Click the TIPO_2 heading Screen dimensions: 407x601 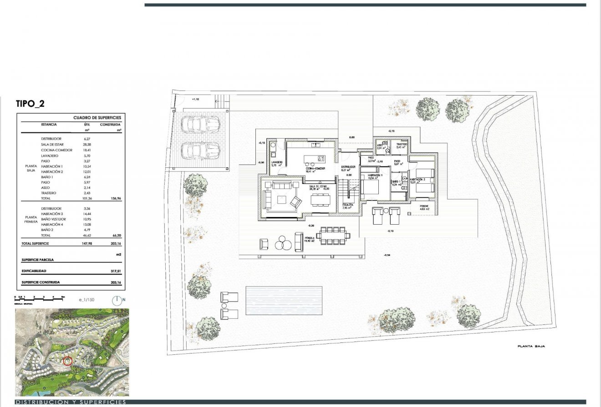point(30,103)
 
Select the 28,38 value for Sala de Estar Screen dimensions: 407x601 point(87,144)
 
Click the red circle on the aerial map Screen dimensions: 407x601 point(68,361)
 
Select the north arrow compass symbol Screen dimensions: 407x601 point(117,300)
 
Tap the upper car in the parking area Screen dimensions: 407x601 point(200,122)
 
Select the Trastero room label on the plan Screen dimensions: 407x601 point(401,144)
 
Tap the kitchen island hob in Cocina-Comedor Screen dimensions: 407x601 point(321,159)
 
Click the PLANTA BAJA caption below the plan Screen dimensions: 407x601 point(531,346)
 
